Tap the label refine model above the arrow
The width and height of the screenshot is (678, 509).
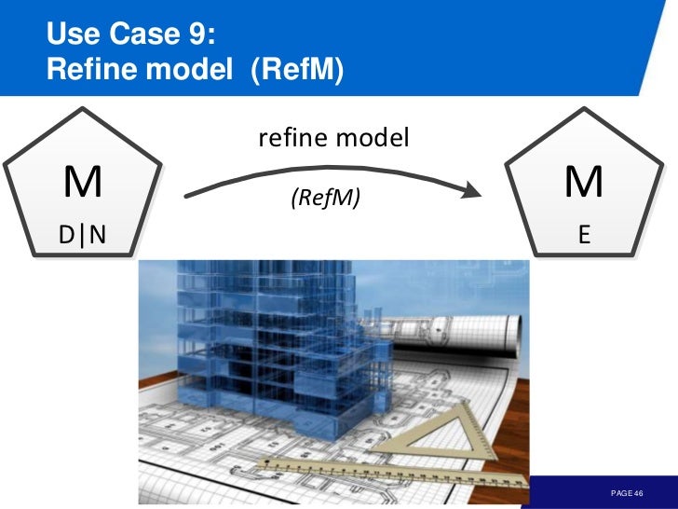pos(333,139)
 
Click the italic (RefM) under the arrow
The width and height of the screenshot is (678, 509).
pos(325,197)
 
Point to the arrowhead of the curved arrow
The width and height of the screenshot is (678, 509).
pos(475,193)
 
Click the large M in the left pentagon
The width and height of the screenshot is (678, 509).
pos(83,183)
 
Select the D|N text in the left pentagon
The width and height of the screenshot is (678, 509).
pos(83,236)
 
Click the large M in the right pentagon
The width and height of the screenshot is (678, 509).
pos(584,183)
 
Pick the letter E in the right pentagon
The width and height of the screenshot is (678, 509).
pos(584,236)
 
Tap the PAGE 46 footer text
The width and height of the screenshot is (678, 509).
pos(627,492)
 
